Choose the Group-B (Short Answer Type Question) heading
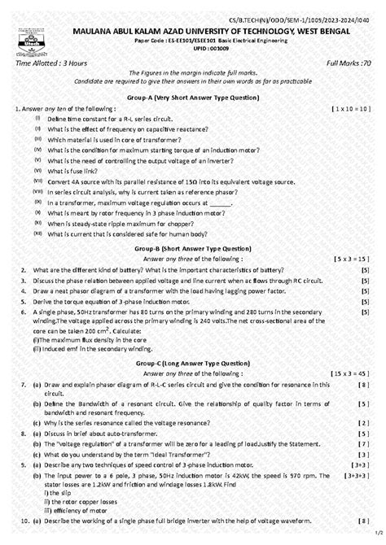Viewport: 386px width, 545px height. [192, 247]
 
